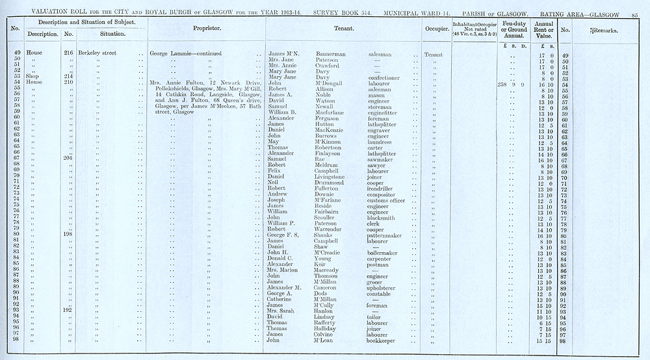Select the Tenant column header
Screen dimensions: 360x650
(343, 29)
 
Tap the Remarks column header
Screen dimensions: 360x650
(603, 31)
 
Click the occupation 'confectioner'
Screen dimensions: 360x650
(383, 77)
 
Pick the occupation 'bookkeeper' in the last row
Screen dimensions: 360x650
(383, 341)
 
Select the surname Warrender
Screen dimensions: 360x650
(332, 229)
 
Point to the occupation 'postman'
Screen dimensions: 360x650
(378, 264)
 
